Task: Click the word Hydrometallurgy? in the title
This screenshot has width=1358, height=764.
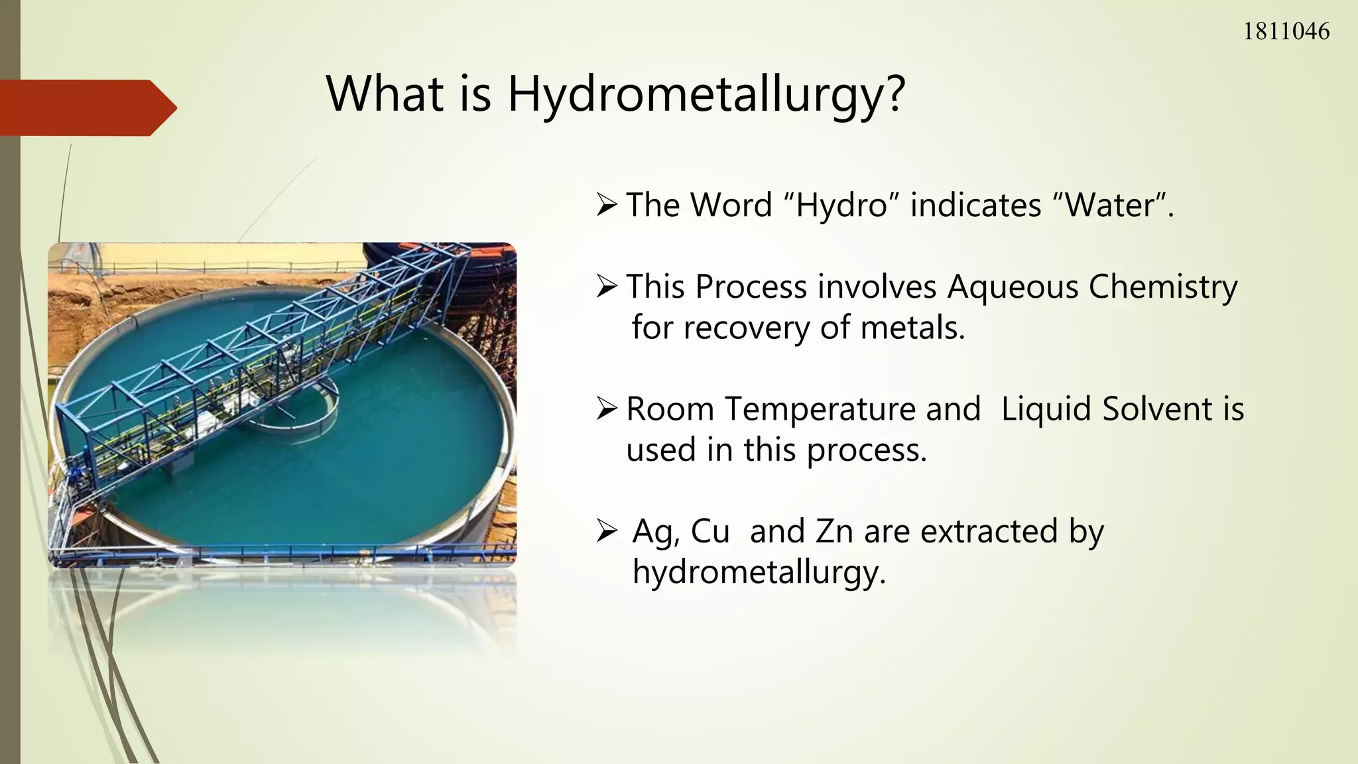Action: coord(706,94)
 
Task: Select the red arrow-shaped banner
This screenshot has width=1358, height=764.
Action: coord(86,107)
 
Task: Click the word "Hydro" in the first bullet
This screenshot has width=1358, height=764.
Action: coord(841,205)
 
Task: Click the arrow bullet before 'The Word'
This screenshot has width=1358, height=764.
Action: coord(607,205)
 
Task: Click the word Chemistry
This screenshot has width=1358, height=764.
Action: coord(1163,287)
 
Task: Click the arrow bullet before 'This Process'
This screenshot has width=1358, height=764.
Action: coord(607,287)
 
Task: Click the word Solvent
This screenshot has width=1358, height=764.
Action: coord(1157,409)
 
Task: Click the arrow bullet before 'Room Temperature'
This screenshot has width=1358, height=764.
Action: coord(607,409)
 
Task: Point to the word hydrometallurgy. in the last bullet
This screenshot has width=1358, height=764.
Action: coord(759,572)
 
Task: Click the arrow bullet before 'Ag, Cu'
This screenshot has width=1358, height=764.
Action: coord(607,531)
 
